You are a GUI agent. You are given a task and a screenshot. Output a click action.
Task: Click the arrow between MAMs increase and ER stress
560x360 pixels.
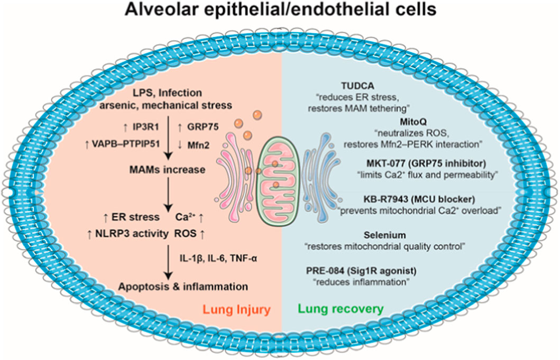pos(168,195)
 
